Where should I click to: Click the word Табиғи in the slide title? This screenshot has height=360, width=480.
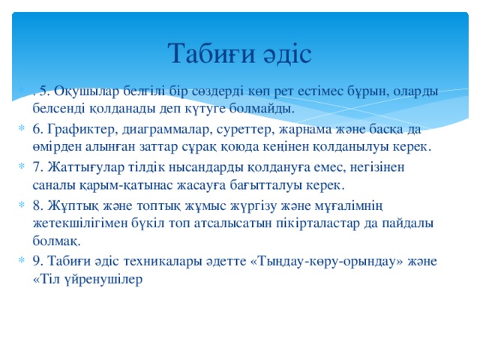[207, 52]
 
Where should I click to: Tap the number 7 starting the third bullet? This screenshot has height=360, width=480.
[37, 166]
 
